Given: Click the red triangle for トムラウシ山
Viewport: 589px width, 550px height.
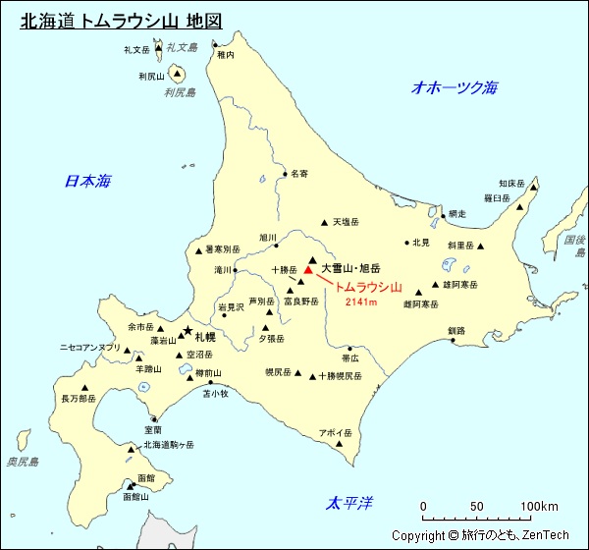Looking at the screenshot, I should (x=308, y=269).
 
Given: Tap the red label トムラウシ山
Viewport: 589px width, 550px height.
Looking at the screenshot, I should (x=368, y=288).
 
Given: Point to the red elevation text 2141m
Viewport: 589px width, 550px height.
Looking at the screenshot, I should (x=361, y=302).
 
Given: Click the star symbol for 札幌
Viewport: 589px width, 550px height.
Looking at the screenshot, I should (x=187, y=331).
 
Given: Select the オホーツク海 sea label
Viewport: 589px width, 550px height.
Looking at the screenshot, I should (x=455, y=87).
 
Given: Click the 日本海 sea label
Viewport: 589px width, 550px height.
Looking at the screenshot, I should (x=87, y=181).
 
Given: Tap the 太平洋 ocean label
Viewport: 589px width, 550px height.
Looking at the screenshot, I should (x=349, y=504).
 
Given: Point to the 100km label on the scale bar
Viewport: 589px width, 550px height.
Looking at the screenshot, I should (x=539, y=507).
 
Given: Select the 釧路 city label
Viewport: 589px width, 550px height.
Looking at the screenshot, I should (x=456, y=331).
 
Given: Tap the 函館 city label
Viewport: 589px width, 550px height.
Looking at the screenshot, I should (x=146, y=477).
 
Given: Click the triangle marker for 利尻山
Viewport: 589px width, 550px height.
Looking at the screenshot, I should (x=178, y=73).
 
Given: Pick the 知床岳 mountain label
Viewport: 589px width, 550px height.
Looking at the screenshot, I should (x=512, y=183).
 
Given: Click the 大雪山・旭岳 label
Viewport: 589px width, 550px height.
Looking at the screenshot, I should (x=350, y=267).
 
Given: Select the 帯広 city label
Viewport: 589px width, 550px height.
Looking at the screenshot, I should (x=350, y=358).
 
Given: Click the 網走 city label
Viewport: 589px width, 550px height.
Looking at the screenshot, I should (x=457, y=214).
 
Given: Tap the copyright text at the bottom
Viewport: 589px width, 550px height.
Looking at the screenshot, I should (x=480, y=535).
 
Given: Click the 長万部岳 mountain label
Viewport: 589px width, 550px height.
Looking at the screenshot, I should (x=79, y=399).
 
